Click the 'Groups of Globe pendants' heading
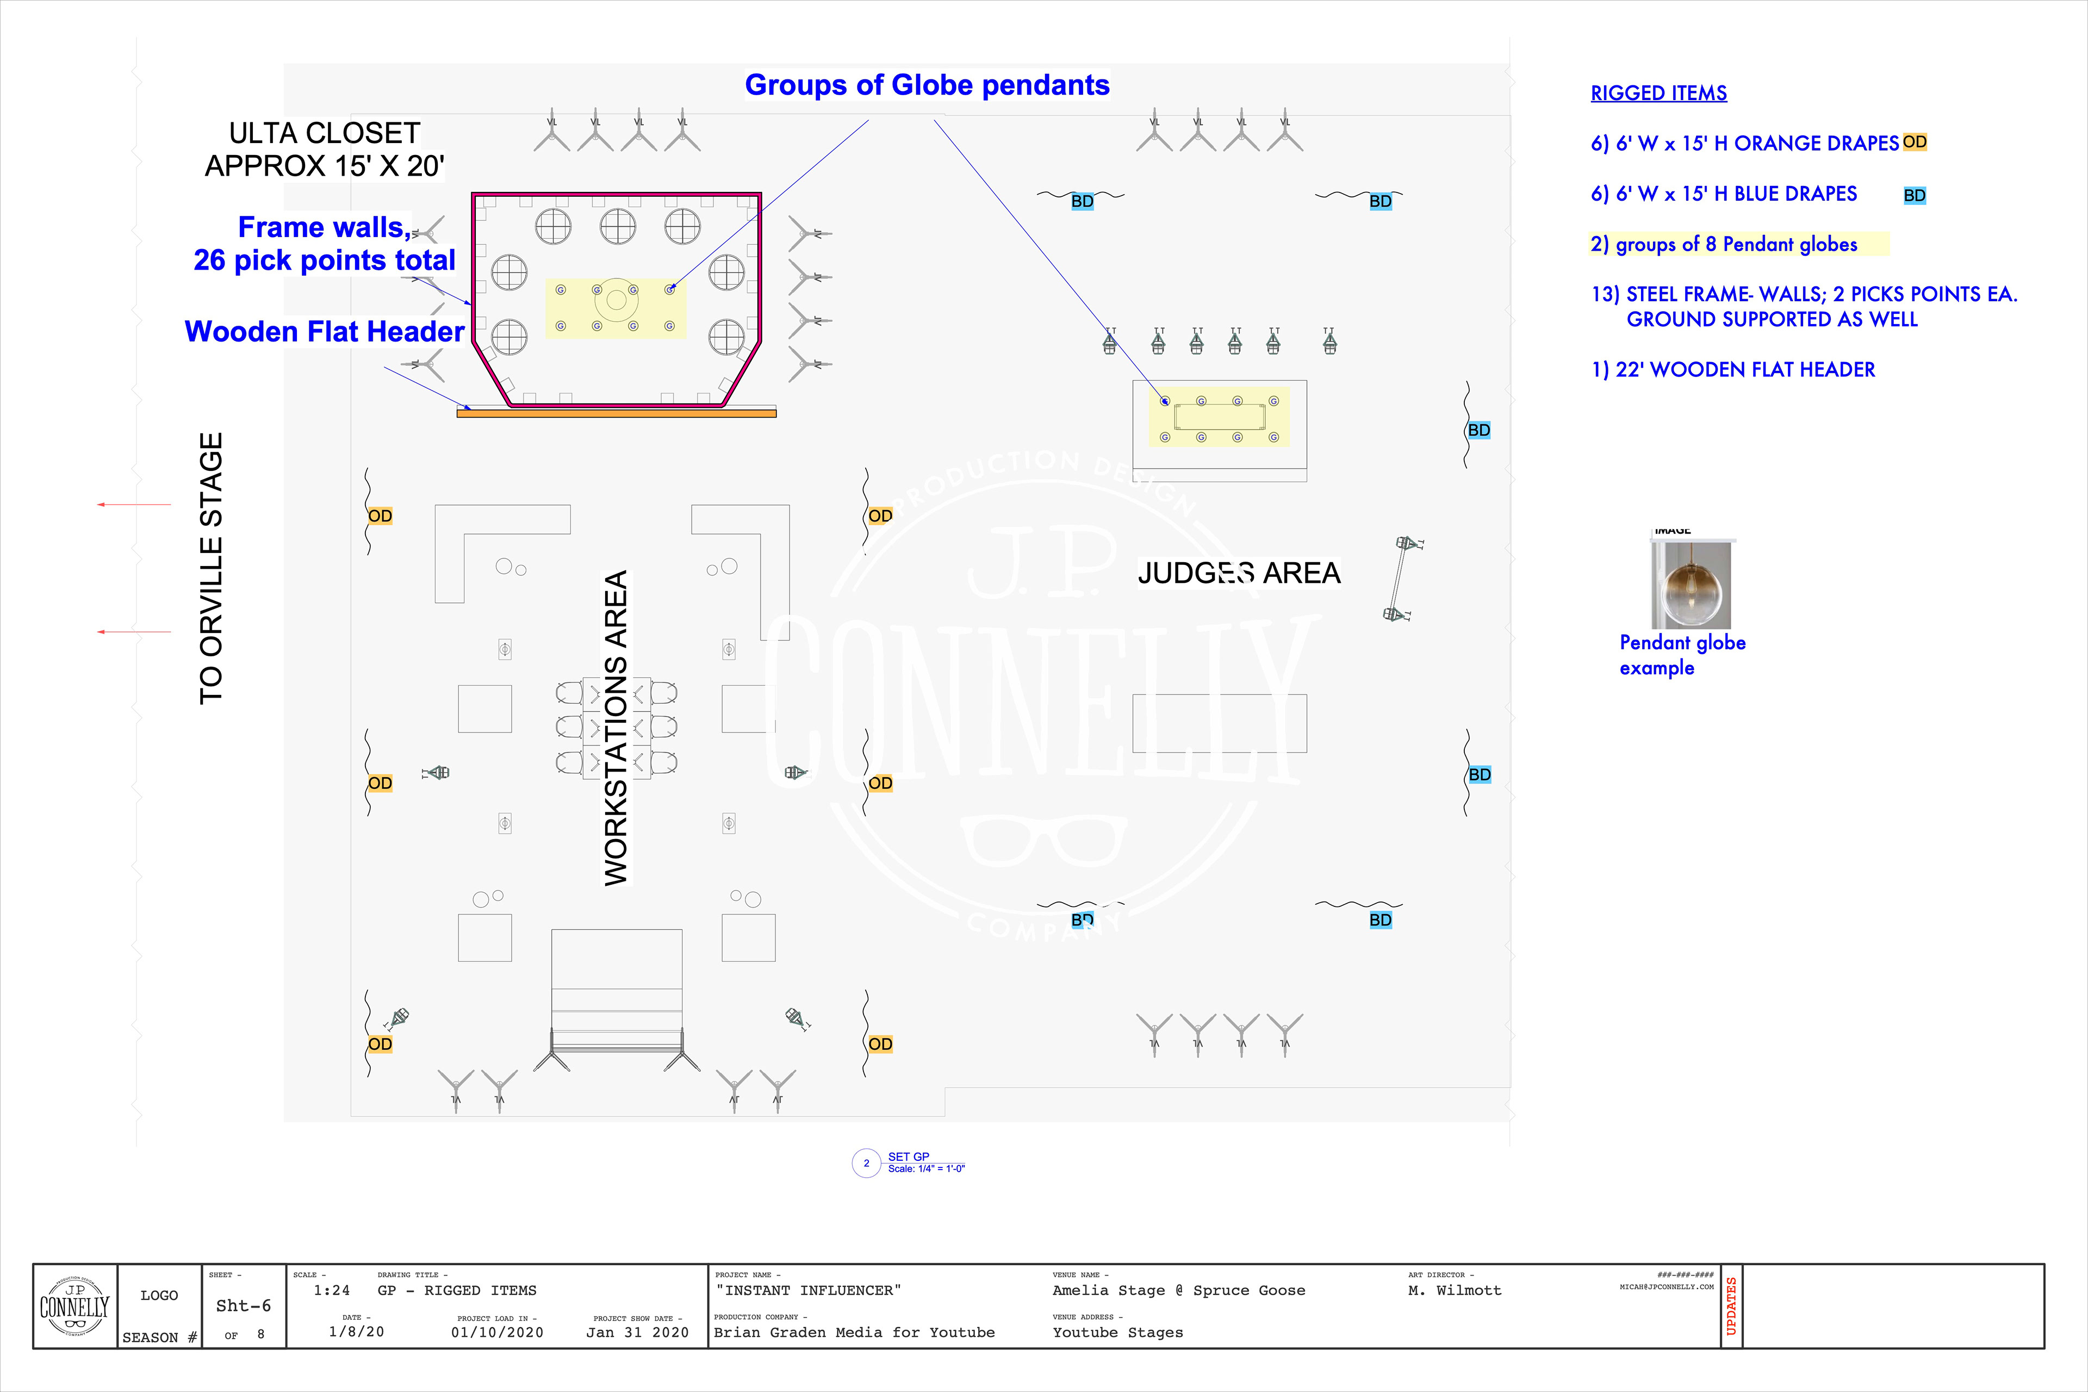tap(927, 85)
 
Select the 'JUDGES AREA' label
tap(1239, 573)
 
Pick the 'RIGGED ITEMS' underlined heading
tap(1658, 93)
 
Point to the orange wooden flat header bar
tap(616, 413)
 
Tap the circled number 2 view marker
tap(866, 1163)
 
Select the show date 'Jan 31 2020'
tap(637, 1333)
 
